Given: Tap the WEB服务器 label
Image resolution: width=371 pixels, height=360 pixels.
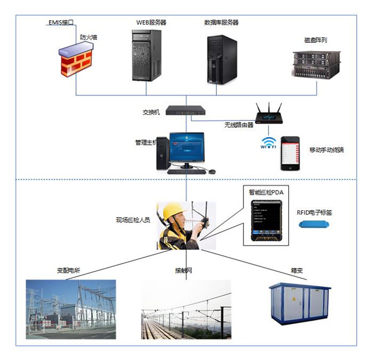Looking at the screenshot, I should [151, 22].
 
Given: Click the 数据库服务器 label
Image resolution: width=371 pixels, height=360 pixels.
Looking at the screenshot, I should [221, 22].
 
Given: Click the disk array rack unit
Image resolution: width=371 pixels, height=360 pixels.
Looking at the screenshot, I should [317, 64].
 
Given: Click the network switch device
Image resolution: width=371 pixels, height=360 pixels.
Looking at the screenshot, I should [184, 110].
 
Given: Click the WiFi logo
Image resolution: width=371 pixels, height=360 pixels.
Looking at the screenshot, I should [268, 143].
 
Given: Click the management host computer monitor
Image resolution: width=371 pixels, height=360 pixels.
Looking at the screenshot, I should [187, 145].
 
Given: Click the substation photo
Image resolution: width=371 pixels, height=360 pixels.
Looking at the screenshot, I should [71, 309].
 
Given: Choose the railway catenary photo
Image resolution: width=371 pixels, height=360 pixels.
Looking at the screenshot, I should [186, 309].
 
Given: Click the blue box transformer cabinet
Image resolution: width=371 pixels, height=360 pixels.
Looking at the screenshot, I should [299, 302].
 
